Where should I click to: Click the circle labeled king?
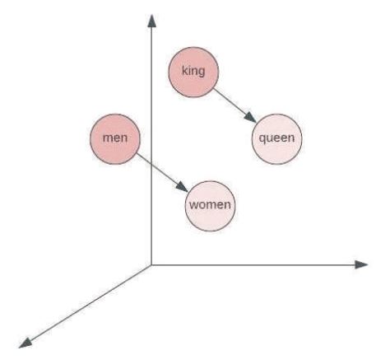pyautogui.click(x=193, y=72)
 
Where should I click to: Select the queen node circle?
pyautogui.click(x=276, y=139)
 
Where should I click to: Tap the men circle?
pyautogui.click(x=115, y=139)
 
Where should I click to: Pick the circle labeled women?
pyautogui.click(x=210, y=206)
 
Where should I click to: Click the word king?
pyautogui.click(x=193, y=71)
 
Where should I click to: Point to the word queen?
pyautogui.click(x=276, y=138)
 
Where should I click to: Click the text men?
pyautogui.click(x=115, y=138)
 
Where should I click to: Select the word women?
pyautogui.click(x=210, y=205)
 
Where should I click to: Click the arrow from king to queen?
pyautogui.click(x=235, y=105)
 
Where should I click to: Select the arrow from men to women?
pyautogui.click(x=162, y=173)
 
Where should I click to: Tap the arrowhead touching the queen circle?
pyautogui.click(x=251, y=117)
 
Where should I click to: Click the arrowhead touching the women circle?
pyautogui.click(x=182, y=187)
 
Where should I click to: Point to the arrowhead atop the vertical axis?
pyautogui.click(x=151, y=21)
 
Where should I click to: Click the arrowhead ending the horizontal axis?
pyautogui.click(x=361, y=264)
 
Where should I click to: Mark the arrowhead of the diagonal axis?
pyautogui.click(x=25, y=344)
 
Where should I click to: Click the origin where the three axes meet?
pyautogui.click(x=151, y=265)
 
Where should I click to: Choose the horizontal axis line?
pyautogui.click(x=259, y=265)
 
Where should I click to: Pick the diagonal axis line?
pyautogui.click(x=85, y=306)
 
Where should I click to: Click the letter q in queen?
pyautogui.click(x=262, y=139)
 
